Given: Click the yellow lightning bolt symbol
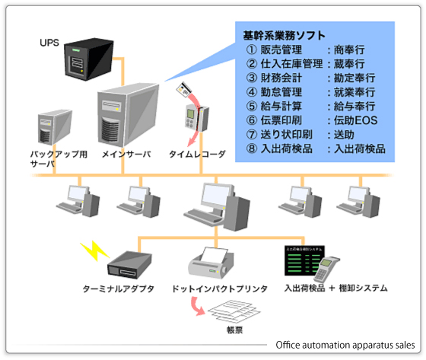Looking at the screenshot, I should (x=92, y=250).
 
